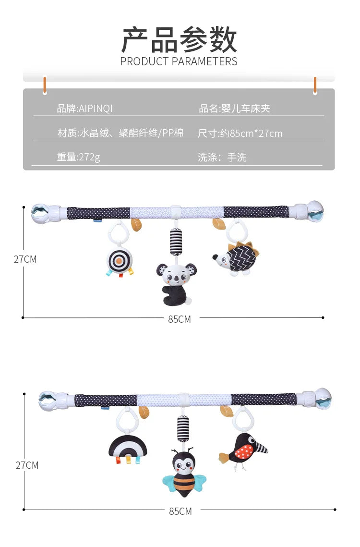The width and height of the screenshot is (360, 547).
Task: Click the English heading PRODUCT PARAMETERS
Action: coord(179,61)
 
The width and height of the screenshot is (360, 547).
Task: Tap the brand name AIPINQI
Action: coord(96,109)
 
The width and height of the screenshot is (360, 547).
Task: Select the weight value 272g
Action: coord(89,157)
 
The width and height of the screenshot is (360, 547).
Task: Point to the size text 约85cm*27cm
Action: coord(251,133)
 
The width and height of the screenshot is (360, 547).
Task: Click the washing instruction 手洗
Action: coord(237,158)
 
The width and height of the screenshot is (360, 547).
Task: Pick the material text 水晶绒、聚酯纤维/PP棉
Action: coord(132,133)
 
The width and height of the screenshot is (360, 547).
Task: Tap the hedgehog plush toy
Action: coord(237,258)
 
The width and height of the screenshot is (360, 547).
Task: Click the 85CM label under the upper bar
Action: coord(180,319)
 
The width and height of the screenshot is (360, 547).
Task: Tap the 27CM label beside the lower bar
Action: coord(27,465)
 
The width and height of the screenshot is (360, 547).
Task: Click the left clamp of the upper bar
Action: coord(46,213)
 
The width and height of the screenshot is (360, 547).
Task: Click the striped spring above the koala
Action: coord(176,242)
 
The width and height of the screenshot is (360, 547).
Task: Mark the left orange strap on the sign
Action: coord(45,85)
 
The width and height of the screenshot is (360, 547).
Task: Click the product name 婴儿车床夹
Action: coord(246,109)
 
